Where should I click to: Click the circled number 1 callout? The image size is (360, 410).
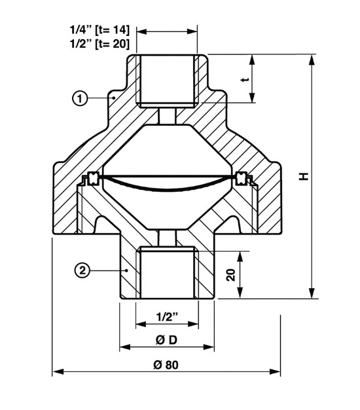79,98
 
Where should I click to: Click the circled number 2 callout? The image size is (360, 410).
82,270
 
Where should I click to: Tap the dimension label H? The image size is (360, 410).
304,176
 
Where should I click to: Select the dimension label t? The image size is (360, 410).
245,79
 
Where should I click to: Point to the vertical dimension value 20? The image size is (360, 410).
231,275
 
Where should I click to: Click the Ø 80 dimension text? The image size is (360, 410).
166,365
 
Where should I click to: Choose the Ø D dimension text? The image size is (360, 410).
166,340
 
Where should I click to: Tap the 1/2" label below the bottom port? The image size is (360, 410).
167,317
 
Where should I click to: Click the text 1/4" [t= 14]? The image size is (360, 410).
99,29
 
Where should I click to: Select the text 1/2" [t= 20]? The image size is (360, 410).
99,43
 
